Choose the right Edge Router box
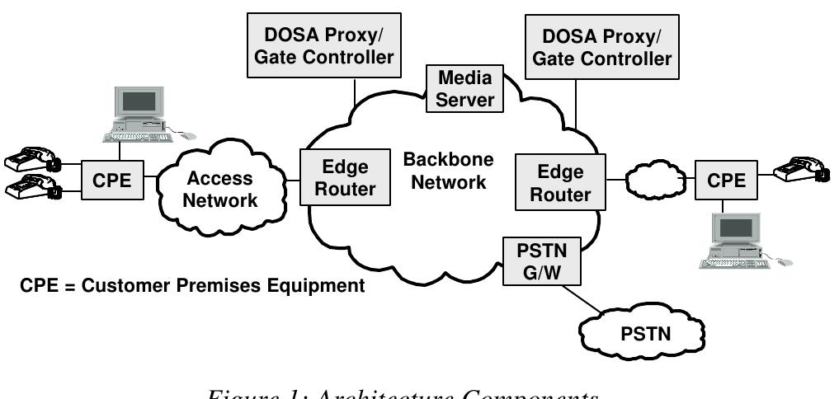coord(559,182)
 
